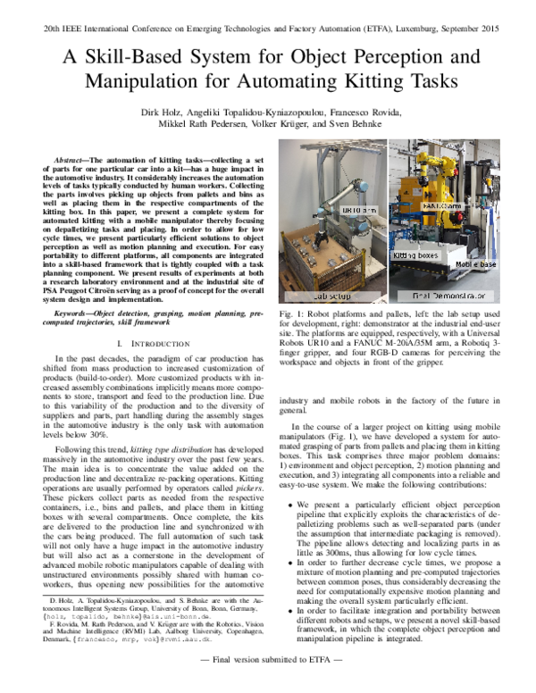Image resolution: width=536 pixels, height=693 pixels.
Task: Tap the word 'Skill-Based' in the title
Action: (x=122, y=57)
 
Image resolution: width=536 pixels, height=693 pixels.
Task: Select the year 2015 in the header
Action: (x=511, y=29)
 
